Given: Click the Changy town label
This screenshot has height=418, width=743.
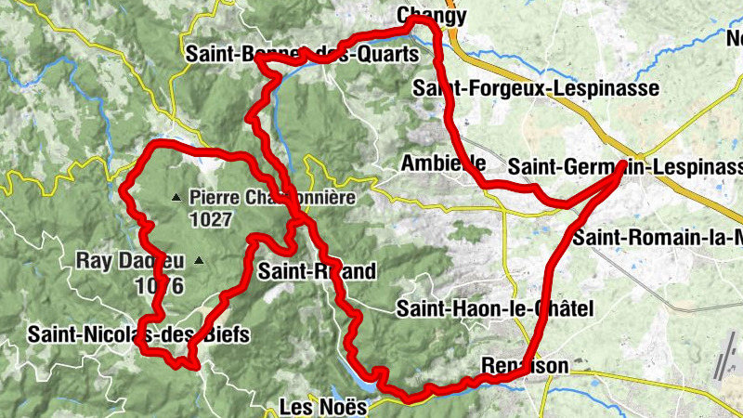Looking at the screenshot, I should click(x=430, y=16).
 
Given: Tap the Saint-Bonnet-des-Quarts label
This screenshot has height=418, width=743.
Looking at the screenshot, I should click(x=303, y=55).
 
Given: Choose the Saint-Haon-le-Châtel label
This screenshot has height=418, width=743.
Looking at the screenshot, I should click(x=493, y=307).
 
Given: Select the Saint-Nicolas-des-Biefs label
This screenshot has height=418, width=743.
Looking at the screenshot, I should click(x=138, y=334).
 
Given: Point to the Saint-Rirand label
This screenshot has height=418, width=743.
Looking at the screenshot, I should click(x=317, y=271).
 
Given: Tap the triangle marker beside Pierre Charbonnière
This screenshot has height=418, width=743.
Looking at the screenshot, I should click(x=176, y=197).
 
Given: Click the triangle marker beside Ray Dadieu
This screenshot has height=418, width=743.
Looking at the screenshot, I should click(x=197, y=261).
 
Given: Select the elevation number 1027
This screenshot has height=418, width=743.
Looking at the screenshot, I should click(x=208, y=220).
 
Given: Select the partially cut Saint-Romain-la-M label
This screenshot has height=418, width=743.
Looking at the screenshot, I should click(x=657, y=237).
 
